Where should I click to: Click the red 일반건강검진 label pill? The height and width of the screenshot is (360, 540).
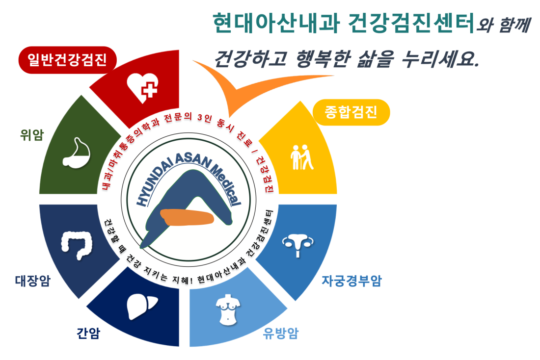click(x=68, y=60)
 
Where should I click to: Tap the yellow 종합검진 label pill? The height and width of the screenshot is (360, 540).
click(x=351, y=112)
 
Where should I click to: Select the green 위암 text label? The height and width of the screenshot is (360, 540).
click(x=32, y=134)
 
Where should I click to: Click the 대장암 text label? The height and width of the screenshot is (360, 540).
click(x=33, y=281)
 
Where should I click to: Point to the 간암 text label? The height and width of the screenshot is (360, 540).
click(x=88, y=333)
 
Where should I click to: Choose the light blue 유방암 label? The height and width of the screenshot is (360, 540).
click(x=280, y=333)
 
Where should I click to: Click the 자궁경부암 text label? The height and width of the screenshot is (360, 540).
click(x=351, y=281)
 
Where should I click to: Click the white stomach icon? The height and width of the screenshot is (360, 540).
click(x=77, y=154)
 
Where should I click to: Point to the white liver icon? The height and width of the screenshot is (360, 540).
click(x=141, y=306)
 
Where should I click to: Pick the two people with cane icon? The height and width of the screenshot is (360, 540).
click(x=302, y=157)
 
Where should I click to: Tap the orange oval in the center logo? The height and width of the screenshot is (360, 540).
click(x=187, y=217)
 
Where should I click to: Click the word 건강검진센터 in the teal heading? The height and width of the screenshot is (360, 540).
click(x=411, y=23)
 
